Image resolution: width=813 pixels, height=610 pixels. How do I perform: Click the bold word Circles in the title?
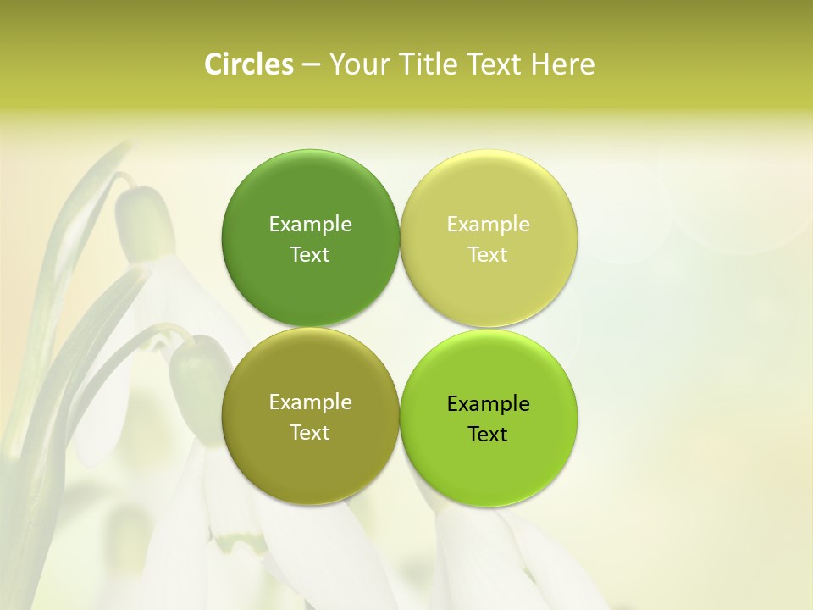[x=248, y=64]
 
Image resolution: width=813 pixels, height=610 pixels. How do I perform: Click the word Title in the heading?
[x=429, y=64]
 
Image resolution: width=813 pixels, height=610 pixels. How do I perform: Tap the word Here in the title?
[x=562, y=64]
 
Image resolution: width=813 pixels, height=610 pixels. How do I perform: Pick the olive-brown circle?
[x=310, y=457]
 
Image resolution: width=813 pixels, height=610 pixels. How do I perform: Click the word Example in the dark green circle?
[x=310, y=225]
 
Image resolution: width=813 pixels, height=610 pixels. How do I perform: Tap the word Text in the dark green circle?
[x=310, y=255]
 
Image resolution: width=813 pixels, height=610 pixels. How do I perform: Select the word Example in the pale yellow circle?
[x=489, y=225]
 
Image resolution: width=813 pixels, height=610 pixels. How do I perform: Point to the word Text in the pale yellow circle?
[x=489, y=255]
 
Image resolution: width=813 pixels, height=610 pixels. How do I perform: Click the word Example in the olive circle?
[x=310, y=402]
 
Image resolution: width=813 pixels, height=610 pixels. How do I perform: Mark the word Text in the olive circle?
[x=310, y=433]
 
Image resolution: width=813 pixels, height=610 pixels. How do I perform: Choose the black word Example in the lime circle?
[x=489, y=404]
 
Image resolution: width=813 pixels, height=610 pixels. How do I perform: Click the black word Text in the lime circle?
[x=489, y=435]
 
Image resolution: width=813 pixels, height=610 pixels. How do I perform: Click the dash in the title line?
[x=311, y=65]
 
